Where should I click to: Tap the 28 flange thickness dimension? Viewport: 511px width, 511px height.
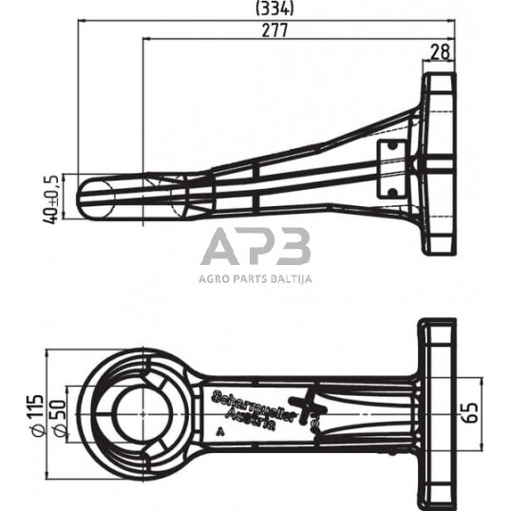[x=440, y=53]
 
